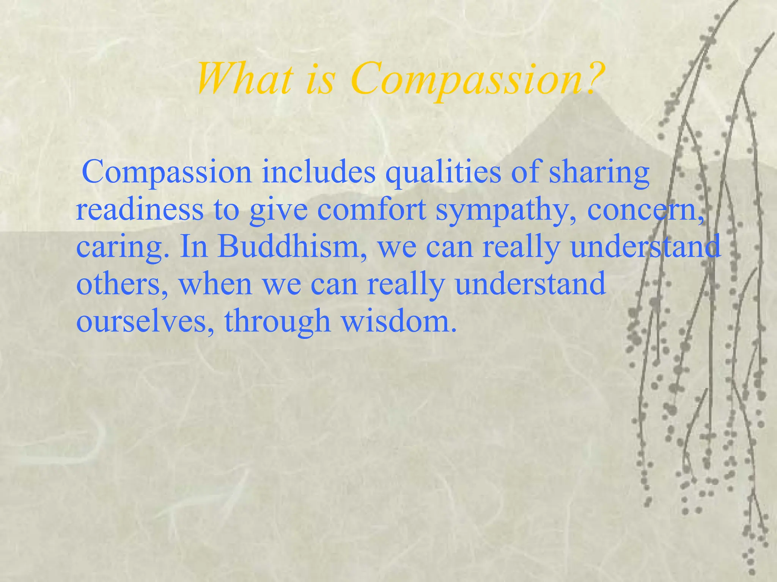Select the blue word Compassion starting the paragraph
click(167, 173)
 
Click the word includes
click(319, 172)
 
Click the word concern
click(643, 210)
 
